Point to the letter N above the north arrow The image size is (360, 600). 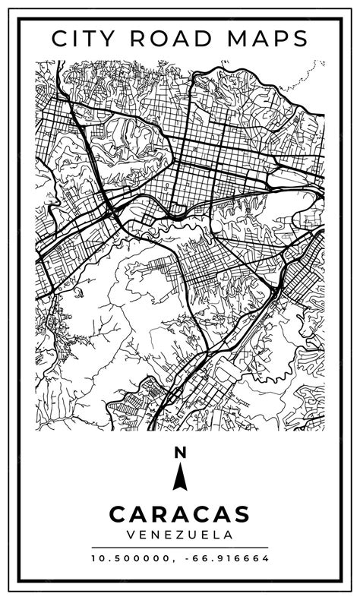(180, 453)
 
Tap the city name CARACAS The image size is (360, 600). (180, 514)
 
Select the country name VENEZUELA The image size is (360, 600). (180, 535)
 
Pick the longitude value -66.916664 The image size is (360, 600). (226, 558)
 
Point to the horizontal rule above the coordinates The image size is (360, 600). (180, 547)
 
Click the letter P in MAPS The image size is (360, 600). (282, 38)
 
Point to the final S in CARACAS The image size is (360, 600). (242, 514)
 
